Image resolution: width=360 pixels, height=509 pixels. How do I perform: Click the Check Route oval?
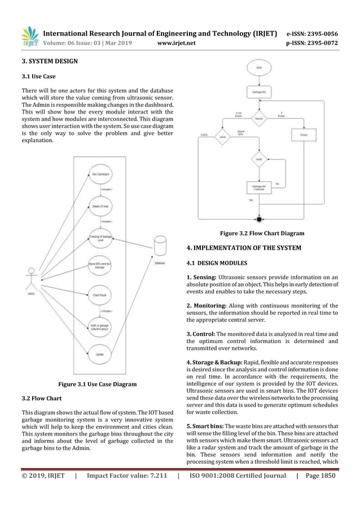click(x=100, y=294)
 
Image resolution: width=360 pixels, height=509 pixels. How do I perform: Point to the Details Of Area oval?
click(x=100, y=207)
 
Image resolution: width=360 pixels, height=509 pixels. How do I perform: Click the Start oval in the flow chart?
click(x=258, y=69)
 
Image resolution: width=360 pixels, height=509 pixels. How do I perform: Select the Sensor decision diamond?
click(x=258, y=119)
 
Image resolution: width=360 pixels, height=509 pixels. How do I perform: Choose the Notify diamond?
click(x=258, y=160)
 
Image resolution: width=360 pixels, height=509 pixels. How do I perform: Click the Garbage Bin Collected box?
click(x=258, y=187)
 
